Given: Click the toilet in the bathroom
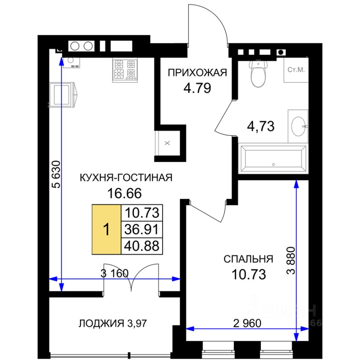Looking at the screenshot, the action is click(x=258, y=73).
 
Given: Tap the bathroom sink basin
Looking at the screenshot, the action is click(x=298, y=126).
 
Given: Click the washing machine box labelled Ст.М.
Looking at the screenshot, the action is click(x=296, y=70).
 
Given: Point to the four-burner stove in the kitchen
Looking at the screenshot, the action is click(x=125, y=70).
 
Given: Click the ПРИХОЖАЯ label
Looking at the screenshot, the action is click(x=197, y=73).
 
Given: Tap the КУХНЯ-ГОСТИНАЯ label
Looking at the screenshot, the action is click(x=126, y=178).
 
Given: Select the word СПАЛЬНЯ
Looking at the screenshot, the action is click(x=248, y=259).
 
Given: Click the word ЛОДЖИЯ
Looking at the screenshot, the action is click(x=101, y=324).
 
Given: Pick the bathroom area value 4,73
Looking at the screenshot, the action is click(x=261, y=126).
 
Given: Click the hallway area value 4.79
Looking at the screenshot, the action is click(x=197, y=88).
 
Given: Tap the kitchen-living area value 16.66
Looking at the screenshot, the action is click(x=124, y=193).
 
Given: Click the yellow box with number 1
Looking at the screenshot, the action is click(x=106, y=229).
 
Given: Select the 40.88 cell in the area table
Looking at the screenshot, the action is click(x=142, y=246).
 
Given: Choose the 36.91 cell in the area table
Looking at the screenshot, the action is click(x=142, y=229).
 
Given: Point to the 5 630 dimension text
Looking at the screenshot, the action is click(x=57, y=174).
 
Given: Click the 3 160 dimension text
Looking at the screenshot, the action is click(x=115, y=273).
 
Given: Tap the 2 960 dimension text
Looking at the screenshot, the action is click(x=247, y=323).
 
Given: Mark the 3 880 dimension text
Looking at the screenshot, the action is click(x=290, y=261).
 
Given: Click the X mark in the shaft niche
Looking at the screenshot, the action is click(x=167, y=143).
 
